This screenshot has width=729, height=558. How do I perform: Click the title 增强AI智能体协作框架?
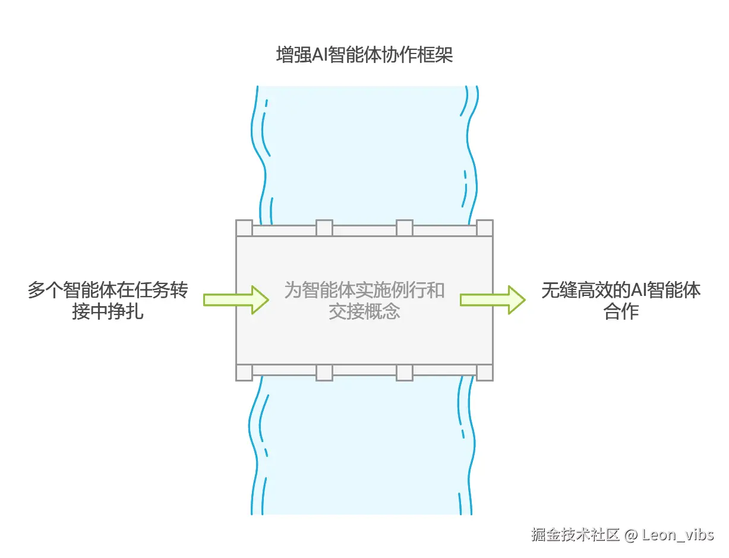point(364,55)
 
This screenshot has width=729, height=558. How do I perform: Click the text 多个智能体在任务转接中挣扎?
point(108,301)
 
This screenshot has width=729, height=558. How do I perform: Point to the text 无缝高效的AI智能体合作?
point(621,301)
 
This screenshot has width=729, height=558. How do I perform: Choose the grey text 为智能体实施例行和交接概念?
point(364,301)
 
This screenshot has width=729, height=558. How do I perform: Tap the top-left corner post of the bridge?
point(244,228)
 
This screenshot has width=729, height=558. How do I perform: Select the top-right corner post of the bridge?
point(485,228)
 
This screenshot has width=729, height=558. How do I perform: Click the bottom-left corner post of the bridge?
point(244,372)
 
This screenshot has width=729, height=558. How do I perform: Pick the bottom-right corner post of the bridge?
point(485,372)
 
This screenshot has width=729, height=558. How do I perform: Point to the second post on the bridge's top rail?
point(324,228)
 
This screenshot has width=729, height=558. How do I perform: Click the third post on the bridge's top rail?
point(405,228)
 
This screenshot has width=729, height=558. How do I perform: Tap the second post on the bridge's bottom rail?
point(324,372)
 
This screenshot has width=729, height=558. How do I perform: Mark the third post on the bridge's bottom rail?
point(405,372)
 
